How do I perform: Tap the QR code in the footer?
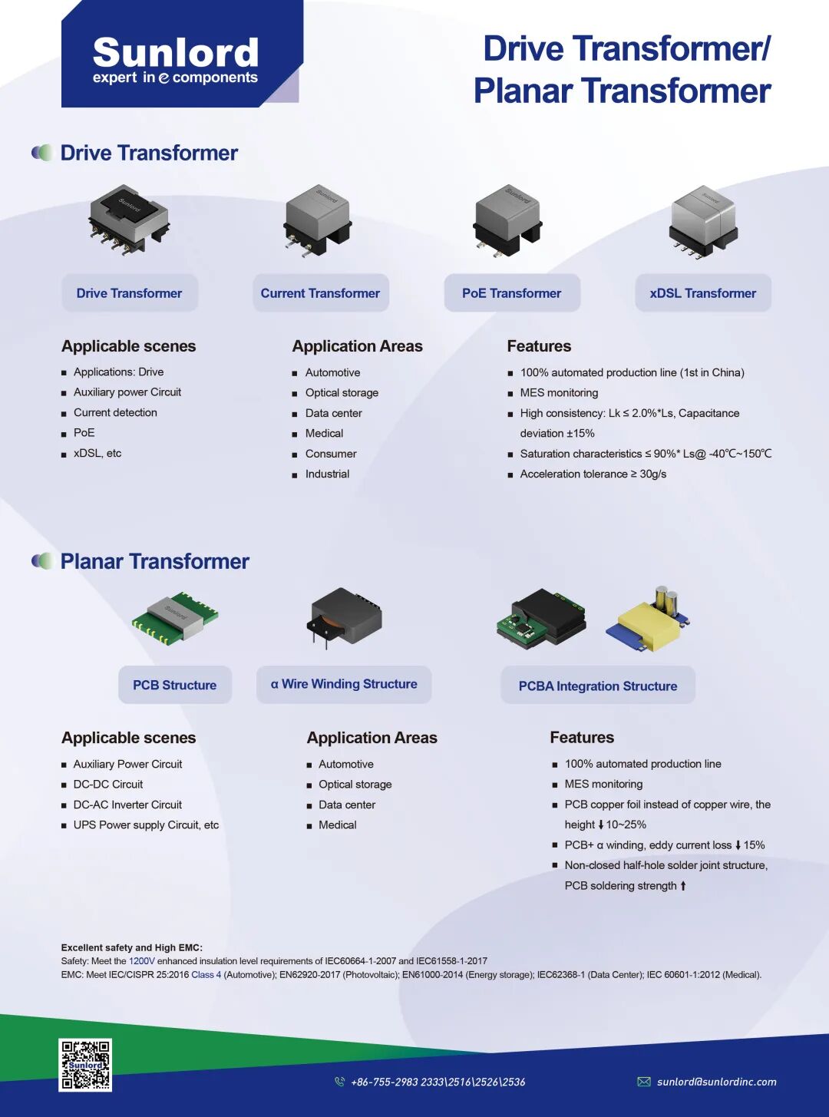85,1065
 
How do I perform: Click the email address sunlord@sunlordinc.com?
717,1082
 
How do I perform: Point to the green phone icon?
339,1082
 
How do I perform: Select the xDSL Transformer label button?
703,292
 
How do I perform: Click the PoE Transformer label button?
512,292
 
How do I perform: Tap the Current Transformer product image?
317,220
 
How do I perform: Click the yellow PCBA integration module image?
648,620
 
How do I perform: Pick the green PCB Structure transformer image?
175,618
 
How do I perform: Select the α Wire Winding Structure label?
344,684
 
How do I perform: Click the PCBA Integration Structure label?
598,685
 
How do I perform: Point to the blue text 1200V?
142,961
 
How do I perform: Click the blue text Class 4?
206,974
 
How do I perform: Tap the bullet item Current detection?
115,412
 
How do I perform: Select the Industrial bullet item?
327,474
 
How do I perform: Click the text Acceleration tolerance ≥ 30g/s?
593,474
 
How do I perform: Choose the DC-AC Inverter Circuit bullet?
127,805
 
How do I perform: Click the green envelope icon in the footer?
644,1082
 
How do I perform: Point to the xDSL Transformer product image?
704,222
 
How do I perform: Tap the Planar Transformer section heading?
154,561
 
